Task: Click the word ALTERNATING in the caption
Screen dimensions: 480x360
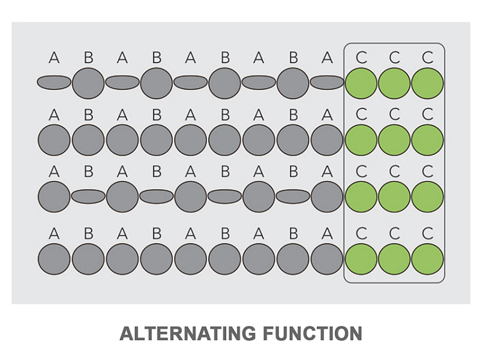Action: coord(187,334)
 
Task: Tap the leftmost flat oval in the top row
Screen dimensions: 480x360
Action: coord(54,83)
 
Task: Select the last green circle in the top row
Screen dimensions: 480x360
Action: coord(427,83)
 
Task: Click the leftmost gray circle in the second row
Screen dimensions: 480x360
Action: coord(54,140)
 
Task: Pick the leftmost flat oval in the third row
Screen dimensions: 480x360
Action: coord(88,197)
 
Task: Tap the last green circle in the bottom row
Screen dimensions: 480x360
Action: coord(427,259)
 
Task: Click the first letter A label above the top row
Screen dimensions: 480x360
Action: coord(54,57)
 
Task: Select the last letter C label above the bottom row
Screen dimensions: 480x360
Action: coord(427,233)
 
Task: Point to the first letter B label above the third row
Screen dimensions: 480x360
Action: coord(88,172)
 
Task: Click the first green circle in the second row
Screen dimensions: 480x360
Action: coord(361,140)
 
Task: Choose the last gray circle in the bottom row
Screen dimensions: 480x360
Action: coord(327,259)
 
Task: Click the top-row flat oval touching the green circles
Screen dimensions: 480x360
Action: coord(327,83)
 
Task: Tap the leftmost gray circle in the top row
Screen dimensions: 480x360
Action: coord(88,83)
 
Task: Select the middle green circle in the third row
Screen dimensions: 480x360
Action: coord(394,197)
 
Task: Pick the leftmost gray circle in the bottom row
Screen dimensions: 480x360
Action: coord(54,259)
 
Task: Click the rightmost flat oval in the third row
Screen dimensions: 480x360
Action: coord(293,197)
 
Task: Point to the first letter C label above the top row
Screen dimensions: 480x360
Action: coord(361,57)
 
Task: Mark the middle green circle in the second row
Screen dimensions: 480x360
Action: coord(394,140)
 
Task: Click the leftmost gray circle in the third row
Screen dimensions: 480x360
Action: coord(54,197)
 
